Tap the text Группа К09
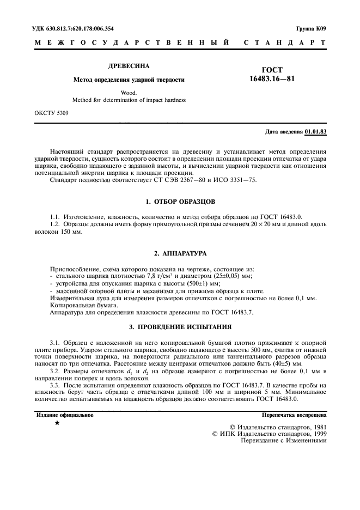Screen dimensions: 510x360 click(x=312, y=28)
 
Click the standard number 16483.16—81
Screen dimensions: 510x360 click(x=272, y=80)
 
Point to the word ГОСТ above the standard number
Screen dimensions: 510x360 click(x=272, y=70)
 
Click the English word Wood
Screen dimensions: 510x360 click(x=129, y=93)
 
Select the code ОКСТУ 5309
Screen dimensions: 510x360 click(x=51, y=113)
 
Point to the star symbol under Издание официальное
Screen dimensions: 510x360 click(x=57, y=423)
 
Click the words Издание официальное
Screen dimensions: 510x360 click(x=64, y=415)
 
